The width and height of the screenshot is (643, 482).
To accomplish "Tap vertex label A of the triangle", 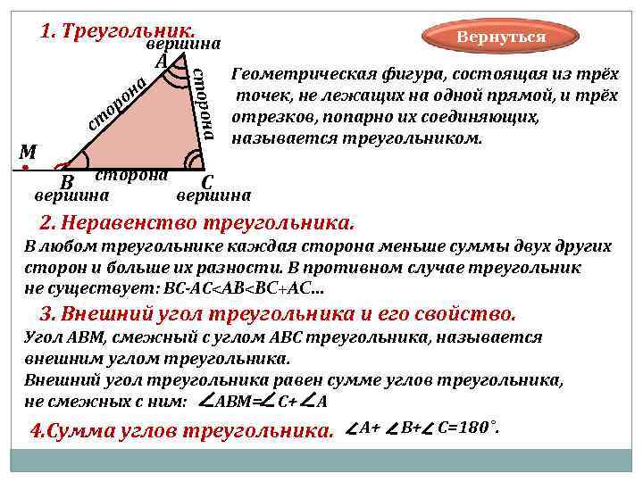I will click(x=161, y=62).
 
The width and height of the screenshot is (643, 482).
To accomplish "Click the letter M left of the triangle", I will click(x=27, y=152).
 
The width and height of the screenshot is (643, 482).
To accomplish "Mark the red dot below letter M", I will click(x=27, y=167).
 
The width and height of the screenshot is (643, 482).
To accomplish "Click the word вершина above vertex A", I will click(x=183, y=44).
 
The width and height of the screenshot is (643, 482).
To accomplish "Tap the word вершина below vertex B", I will click(x=71, y=195).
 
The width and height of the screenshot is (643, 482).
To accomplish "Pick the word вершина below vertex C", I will click(x=214, y=195).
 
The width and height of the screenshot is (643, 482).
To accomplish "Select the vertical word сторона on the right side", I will click(x=205, y=103).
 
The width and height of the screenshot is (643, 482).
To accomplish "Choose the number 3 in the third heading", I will click(x=48, y=313).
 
